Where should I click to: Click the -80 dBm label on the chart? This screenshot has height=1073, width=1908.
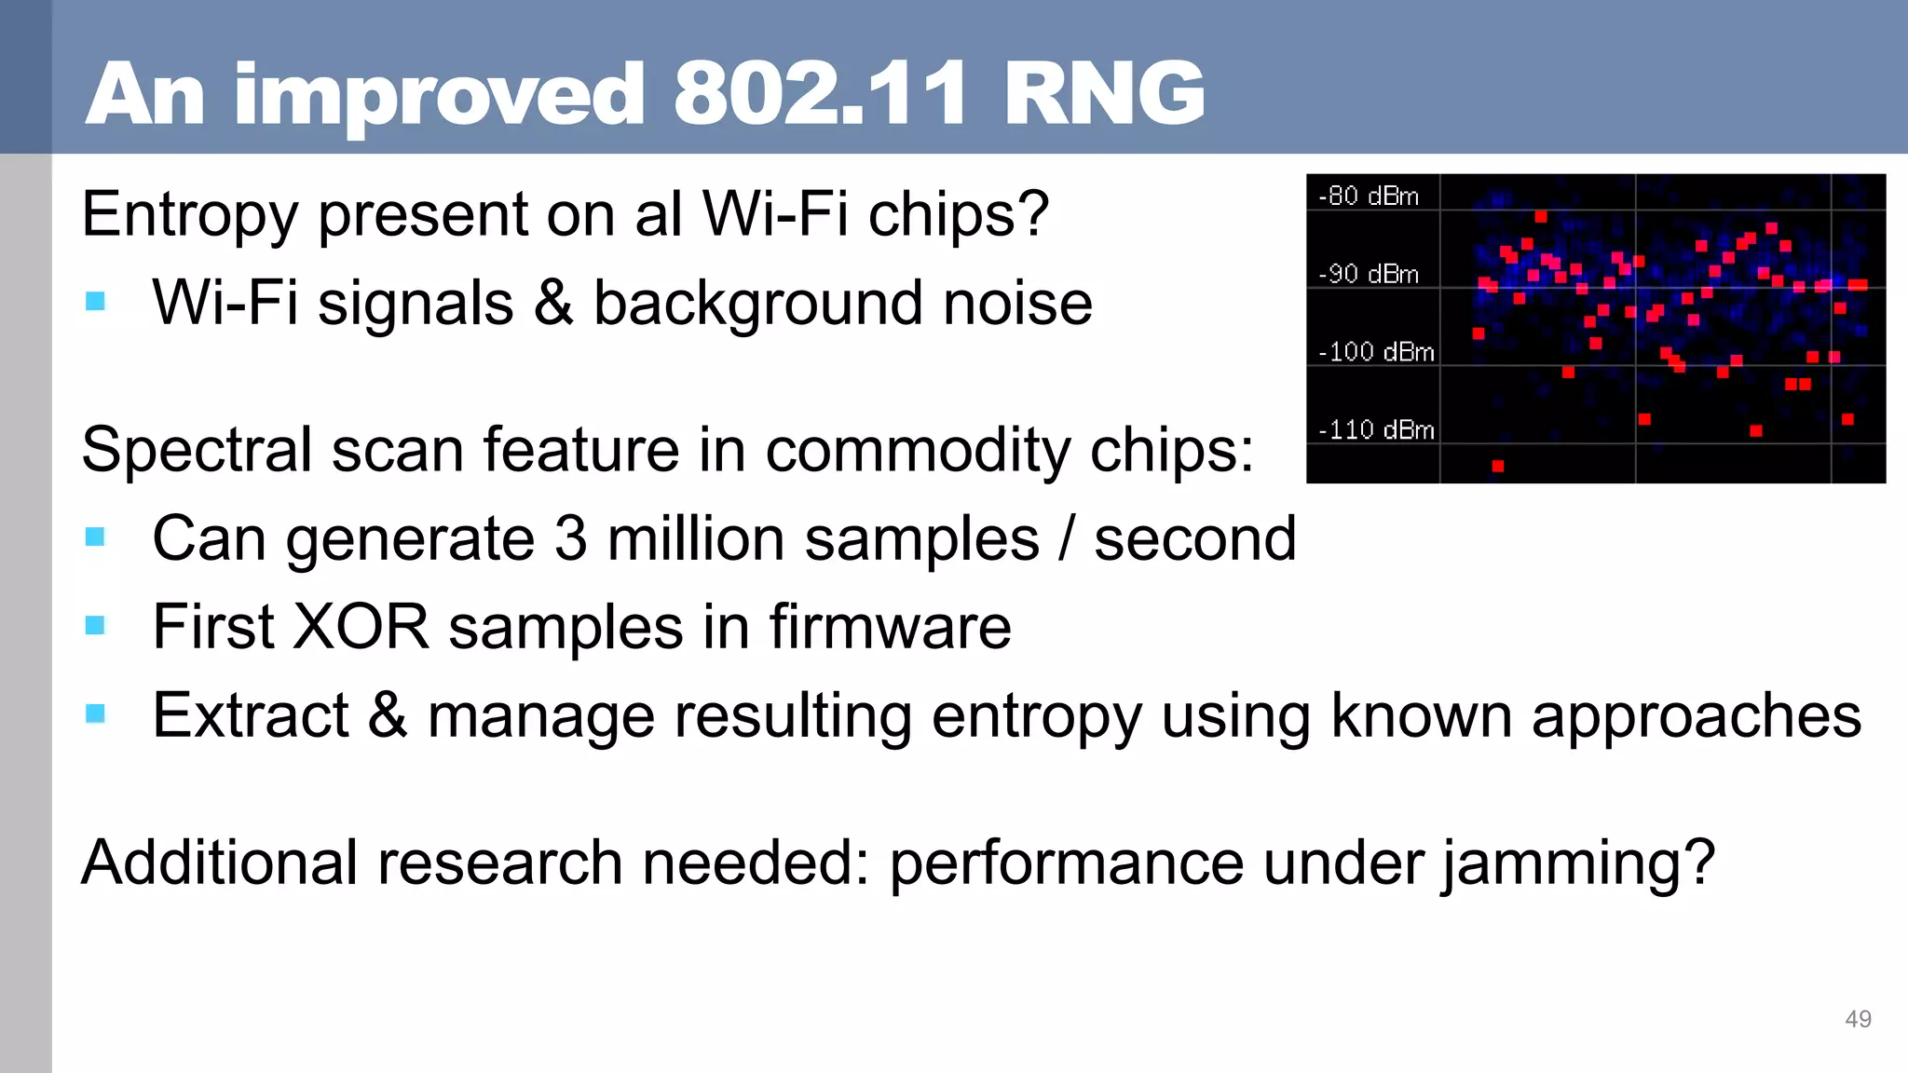[1369, 197]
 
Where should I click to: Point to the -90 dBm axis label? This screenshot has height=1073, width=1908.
[1369, 275]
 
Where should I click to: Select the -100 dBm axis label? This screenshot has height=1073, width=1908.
[1376, 352]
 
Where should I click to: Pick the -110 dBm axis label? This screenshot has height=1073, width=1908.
[1376, 430]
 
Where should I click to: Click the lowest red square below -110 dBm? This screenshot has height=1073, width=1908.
[1498, 467]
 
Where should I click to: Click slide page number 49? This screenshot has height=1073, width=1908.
[1858, 1019]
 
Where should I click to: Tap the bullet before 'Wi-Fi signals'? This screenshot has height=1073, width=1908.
[95, 301]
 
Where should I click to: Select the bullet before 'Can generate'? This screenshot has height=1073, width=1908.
[95, 537]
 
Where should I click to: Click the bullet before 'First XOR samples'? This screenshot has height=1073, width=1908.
[95, 625]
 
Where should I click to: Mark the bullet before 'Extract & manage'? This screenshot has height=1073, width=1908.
[95, 713]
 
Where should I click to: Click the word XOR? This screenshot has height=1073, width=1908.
[361, 627]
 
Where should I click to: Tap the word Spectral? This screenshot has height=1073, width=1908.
[198, 452]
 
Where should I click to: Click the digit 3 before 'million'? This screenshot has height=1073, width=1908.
[571, 538]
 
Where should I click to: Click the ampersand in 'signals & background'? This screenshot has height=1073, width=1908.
[553, 304]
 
